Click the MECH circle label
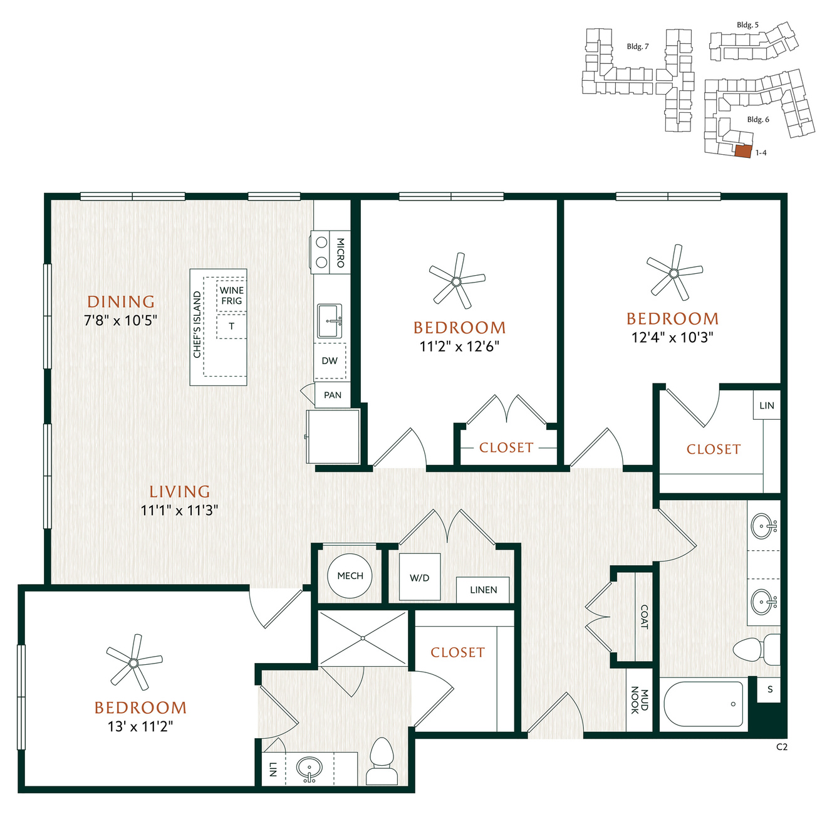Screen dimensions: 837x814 click(x=350, y=576)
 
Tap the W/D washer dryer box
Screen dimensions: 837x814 click(x=419, y=577)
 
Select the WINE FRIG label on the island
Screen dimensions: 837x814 click(x=231, y=296)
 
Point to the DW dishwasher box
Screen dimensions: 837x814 click(x=330, y=361)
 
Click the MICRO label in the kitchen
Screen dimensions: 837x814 click(x=340, y=253)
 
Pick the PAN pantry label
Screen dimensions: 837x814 click(x=333, y=395)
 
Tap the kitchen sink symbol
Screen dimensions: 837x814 click(x=330, y=321)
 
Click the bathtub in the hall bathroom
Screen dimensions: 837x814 click(x=704, y=704)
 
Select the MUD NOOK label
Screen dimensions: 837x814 click(x=640, y=701)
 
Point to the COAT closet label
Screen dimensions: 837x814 click(x=644, y=617)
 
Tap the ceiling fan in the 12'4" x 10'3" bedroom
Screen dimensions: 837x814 click(x=674, y=273)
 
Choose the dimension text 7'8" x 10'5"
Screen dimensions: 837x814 click(x=121, y=320)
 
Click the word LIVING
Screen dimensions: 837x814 click(x=180, y=491)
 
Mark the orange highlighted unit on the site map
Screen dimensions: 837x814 click(x=743, y=151)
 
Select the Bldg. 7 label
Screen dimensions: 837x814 click(x=637, y=46)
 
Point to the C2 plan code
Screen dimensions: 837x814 click(x=782, y=748)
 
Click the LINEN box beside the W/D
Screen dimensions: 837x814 click(x=483, y=590)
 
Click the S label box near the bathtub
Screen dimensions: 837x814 click(x=770, y=690)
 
